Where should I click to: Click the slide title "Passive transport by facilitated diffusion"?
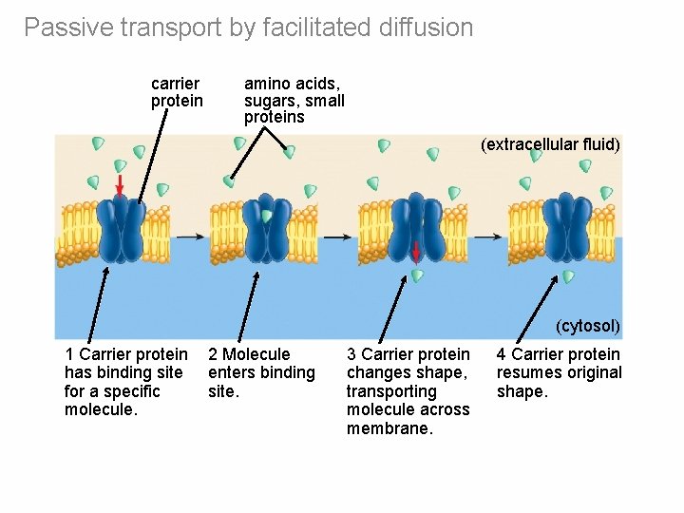click(x=248, y=28)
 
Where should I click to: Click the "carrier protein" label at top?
click(x=177, y=92)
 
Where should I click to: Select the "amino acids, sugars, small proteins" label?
click(x=294, y=101)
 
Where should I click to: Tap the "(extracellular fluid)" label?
click(x=550, y=144)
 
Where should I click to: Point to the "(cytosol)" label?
click(x=588, y=326)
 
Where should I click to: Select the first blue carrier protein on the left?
click(x=122, y=229)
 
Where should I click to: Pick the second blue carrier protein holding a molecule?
click(x=266, y=229)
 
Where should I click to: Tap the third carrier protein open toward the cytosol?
click(x=415, y=229)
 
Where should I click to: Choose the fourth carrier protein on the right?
click(x=564, y=229)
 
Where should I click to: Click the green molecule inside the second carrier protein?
click(x=267, y=217)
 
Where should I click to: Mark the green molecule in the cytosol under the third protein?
click(x=417, y=275)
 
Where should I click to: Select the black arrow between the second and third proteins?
click(x=336, y=236)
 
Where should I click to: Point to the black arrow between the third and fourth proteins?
click(x=488, y=236)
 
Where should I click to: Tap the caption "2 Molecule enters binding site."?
click(x=260, y=372)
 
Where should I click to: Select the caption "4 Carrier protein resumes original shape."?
click(x=559, y=372)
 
